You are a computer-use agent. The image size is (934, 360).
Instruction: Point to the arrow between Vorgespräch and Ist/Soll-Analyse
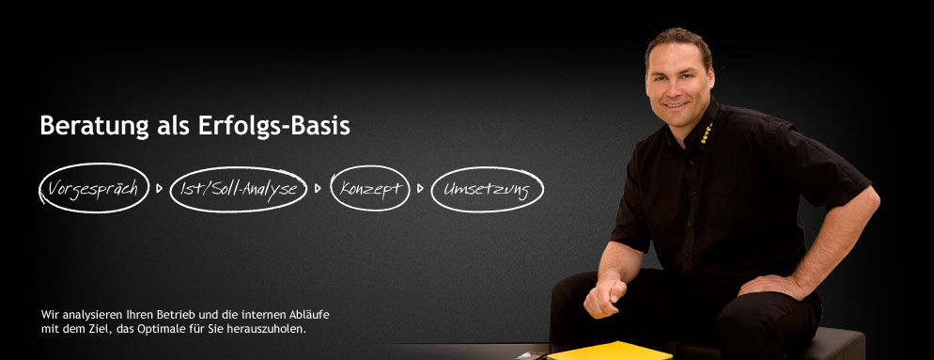point(159,188)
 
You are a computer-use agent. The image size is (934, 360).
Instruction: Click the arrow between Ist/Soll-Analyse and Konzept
point(318,188)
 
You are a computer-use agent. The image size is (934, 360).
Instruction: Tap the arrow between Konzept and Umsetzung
point(420,188)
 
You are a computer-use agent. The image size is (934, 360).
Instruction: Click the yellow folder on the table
point(610,352)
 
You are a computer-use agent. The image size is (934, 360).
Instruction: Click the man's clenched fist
point(603,297)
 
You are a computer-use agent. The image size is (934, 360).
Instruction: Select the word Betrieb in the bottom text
point(173,314)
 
